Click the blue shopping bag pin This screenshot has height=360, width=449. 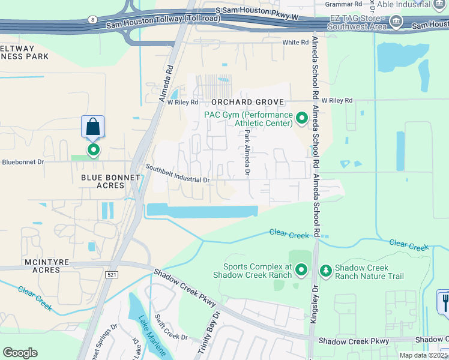point(92,127)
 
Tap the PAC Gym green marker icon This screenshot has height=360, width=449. point(303,119)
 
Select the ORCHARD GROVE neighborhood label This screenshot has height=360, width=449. point(246,102)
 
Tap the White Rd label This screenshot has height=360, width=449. point(295,43)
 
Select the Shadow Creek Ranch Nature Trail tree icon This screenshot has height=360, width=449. point(325,271)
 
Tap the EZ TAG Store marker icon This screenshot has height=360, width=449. point(396,22)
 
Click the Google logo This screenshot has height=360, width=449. point(20,353)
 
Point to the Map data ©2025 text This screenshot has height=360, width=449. point(423,355)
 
